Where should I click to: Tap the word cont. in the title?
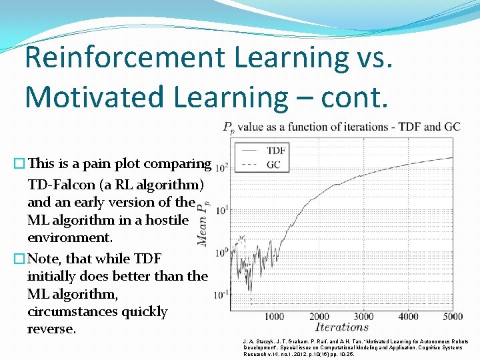point(354,97)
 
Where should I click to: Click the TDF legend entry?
point(276,150)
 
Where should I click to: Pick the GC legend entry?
point(273,163)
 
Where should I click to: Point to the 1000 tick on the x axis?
point(275,317)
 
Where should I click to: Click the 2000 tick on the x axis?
point(319,317)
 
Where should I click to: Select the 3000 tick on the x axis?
point(364,317)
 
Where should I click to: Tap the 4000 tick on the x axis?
point(408,317)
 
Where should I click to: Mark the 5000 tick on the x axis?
point(452,317)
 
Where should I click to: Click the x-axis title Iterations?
point(342,327)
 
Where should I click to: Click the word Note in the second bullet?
point(45,258)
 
